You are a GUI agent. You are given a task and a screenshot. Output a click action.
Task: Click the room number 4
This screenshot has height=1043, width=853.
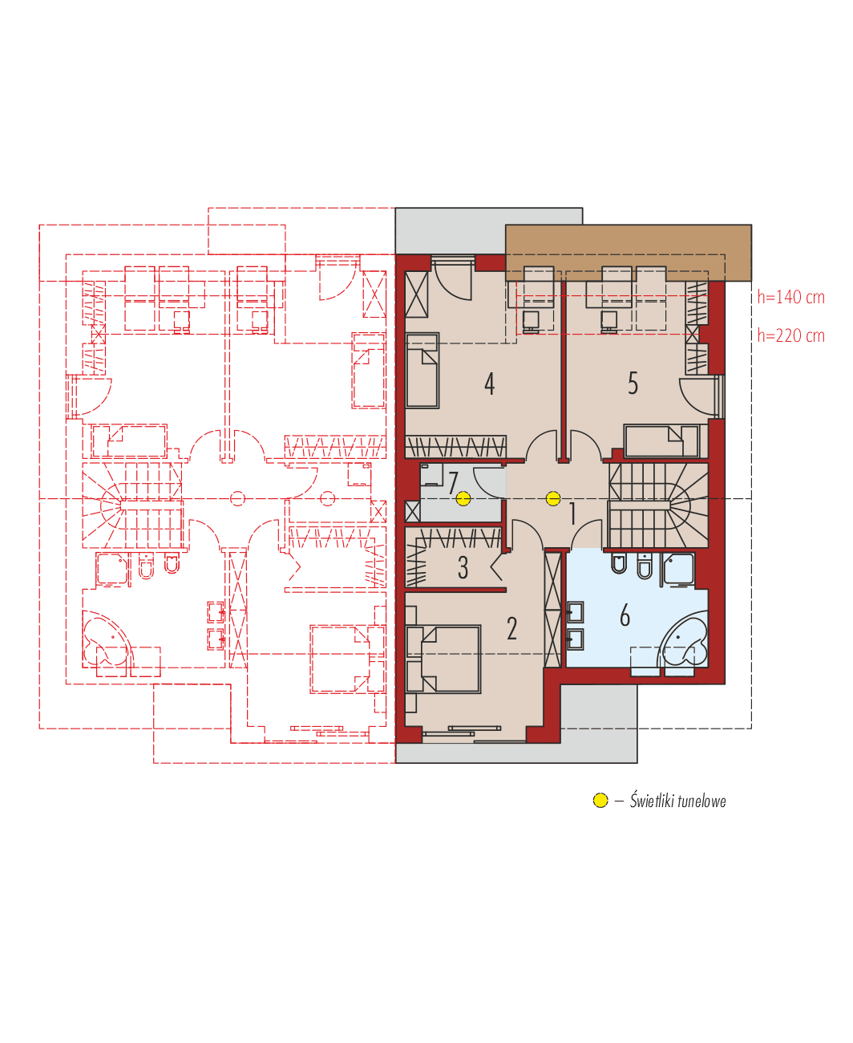coord(489,384)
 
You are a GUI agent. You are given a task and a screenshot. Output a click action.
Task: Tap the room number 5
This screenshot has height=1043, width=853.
coord(633,384)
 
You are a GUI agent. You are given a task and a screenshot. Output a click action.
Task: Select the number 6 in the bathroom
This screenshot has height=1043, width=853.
coord(625,616)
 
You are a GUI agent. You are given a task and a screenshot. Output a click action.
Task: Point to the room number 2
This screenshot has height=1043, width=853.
coord(511,628)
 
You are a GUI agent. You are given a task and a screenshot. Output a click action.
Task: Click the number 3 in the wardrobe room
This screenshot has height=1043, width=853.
coord(463,568)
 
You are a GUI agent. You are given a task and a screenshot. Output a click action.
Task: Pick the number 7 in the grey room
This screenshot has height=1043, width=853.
coord(453,484)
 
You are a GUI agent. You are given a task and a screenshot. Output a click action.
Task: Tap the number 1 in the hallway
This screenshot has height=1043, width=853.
coord(572,514)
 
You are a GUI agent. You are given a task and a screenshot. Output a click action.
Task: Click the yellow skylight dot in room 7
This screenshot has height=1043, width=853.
coord(463,499)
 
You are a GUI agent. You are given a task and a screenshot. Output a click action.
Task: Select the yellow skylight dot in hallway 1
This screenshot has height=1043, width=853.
coord(552,499)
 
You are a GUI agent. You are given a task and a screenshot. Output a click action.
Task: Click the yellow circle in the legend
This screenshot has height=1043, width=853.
coord(600,801)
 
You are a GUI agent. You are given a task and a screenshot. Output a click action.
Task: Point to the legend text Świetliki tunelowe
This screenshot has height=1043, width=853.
coord(677,801)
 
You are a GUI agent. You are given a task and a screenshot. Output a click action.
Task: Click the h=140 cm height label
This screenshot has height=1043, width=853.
coord(790,298)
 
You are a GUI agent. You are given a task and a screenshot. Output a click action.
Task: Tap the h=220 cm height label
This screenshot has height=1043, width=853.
coord(790,335)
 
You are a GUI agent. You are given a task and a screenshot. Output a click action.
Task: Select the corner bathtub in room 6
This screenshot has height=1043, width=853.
coord(684,639)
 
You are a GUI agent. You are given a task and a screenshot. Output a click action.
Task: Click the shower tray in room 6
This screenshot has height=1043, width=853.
coord(679,568)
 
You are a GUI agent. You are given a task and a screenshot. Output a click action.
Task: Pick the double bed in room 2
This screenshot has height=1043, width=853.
coord(444,659)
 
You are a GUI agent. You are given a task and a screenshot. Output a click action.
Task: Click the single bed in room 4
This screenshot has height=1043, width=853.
coord(422,371)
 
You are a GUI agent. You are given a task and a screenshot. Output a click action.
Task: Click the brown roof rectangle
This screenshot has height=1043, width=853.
coord(628,252)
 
